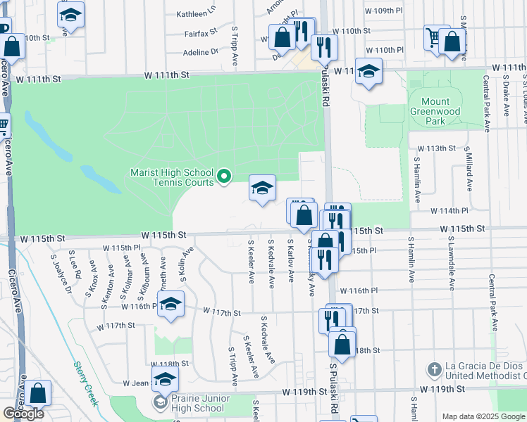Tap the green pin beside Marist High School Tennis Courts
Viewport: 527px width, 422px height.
pyautogui.click(x=224, y=176)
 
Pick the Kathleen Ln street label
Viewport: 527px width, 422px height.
pyautogui.click(x=196, y=13)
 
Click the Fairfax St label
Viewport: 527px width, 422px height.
pyautogui.click(x=201, y=33)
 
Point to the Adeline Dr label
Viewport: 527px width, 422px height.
pyautogui.click(x=201, y=52)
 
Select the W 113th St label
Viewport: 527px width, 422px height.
pyautogui.click(x=437, y=148)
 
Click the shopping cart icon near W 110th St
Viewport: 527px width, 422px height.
pyautogui.click(x=433, y=37)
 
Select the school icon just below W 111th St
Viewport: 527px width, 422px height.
pyautogui.click(x=368, y=71)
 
